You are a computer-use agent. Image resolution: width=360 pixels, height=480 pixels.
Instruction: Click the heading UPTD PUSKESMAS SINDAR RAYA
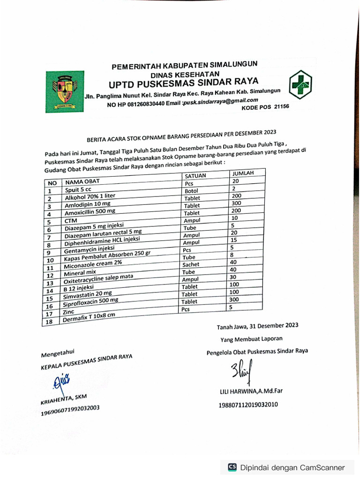click(183, 84)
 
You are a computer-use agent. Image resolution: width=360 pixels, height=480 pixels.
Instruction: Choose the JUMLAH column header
click(243, 173)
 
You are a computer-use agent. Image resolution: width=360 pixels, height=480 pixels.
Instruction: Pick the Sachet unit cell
click(191, 264)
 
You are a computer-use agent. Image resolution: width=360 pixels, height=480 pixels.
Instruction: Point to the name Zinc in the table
click(68, 311)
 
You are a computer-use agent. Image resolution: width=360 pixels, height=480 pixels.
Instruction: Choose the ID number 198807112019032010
click(248, 405)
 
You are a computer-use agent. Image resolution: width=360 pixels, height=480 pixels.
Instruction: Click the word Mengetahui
click(58, 352)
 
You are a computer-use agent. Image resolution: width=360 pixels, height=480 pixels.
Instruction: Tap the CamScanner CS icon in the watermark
click(232, 467)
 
